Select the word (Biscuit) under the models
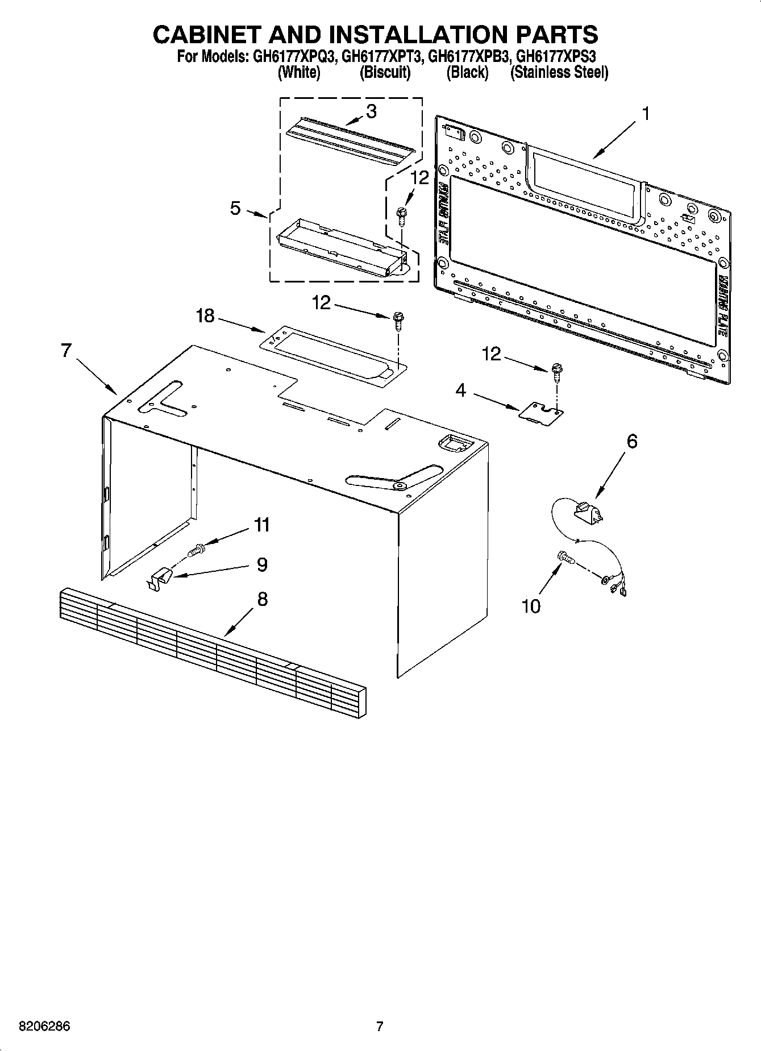(385, 73)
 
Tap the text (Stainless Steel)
(559, 73)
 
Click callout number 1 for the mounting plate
(645, 114)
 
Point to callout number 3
(371, 111)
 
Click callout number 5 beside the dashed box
(235, 208)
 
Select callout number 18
(205, 315)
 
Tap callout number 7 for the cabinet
(66, 351)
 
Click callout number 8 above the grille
(262, 599)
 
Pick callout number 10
(531, 606)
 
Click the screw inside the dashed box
(402, 215)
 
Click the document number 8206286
(44, 1027)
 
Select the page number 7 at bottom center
(380, 1027)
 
